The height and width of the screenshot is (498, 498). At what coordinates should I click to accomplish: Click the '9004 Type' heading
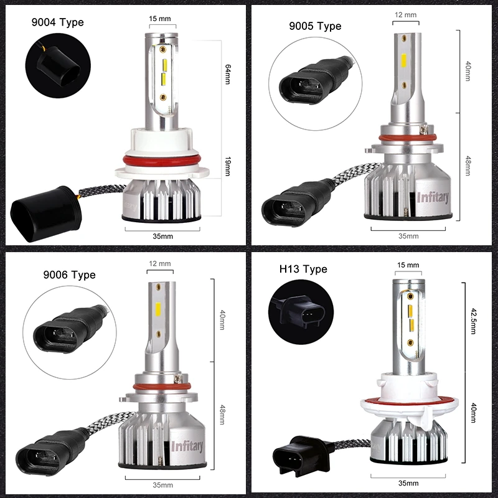[x=57, y=22]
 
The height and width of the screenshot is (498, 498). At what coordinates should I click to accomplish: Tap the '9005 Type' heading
[x=315, y=26]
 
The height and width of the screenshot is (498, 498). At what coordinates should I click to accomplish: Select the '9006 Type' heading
[x=69, y=275]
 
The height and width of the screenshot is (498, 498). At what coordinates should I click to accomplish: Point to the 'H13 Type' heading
[x=303, y=269]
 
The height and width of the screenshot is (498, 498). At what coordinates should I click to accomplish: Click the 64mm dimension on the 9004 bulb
[x=228, y=74]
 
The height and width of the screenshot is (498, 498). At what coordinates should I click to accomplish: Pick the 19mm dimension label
[x=228, y=166]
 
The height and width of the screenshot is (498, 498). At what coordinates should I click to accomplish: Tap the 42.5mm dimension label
[x=473, y=321]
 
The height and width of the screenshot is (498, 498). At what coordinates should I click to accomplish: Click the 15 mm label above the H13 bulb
[x=408, y=265]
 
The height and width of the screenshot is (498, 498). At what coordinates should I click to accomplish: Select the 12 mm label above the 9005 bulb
[x=406, y=14]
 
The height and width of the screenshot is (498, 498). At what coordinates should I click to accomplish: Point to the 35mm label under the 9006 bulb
[x=162, y=485]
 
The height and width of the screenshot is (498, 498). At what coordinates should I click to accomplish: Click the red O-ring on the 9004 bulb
[x=162, y=161]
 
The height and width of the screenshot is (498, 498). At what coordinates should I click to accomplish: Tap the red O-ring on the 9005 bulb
[x=407, y=138]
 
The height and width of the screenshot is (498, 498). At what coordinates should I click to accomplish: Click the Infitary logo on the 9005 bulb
[x=433, y=197]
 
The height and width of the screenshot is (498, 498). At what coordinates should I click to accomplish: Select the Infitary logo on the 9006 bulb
[x=187, y=446]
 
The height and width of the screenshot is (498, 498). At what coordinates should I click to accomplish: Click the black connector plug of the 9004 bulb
[x=45, y=214]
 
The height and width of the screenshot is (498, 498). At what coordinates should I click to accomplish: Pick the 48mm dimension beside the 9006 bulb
[x=222, y=415]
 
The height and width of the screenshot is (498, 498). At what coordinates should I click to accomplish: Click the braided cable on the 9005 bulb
[x=355, y=174]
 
